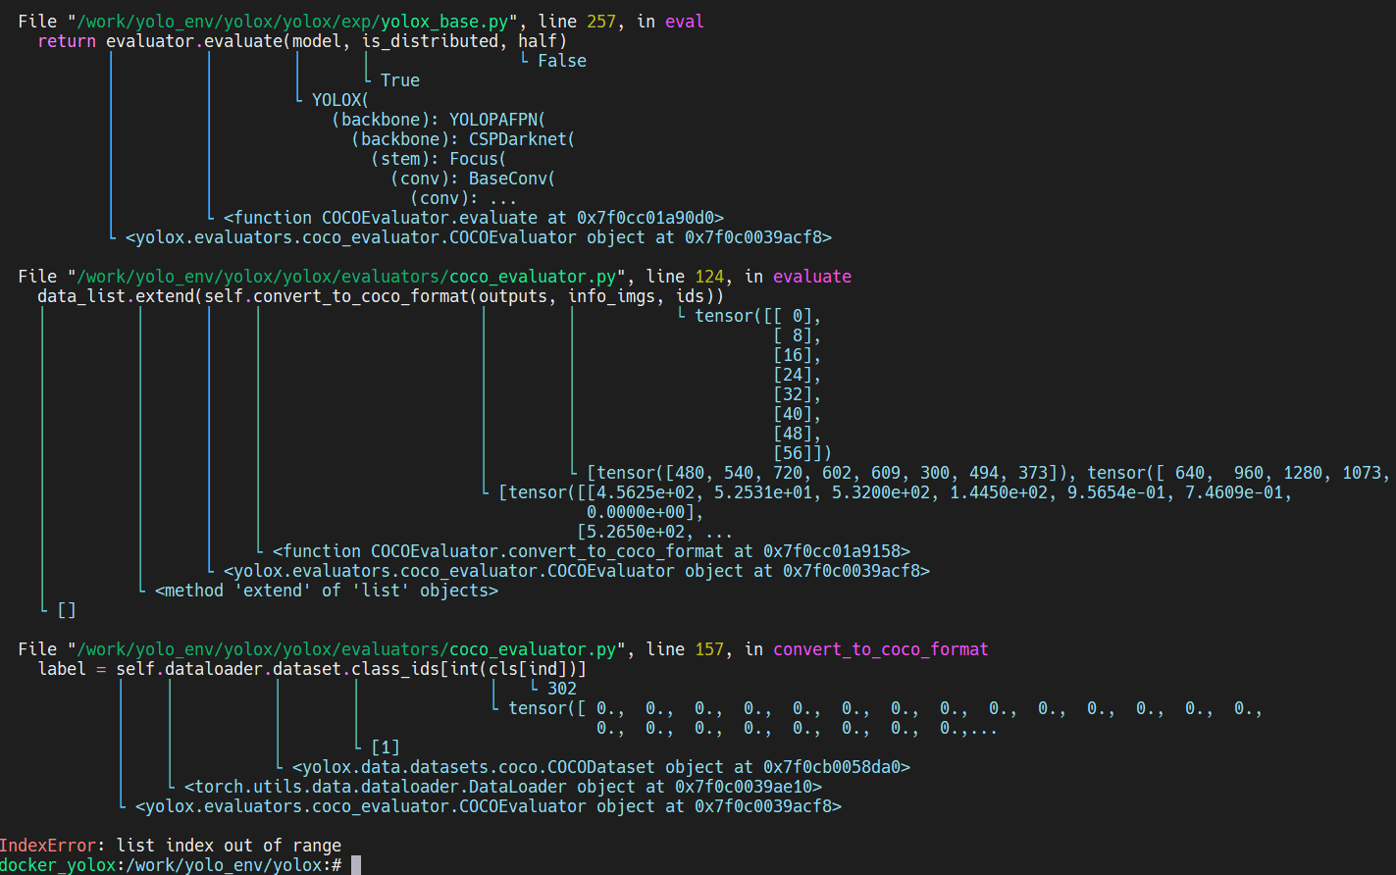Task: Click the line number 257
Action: [x=601, y=21]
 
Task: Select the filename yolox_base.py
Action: [x=464, y=21]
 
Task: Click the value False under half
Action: [x=562, y=61]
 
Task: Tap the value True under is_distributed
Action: [x=399, y=80]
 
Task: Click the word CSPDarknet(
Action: [x=522, y=139]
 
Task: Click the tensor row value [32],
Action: [x=797, y=394]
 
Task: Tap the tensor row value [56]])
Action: [x=801, y=453]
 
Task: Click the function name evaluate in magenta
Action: [x=812, y=277]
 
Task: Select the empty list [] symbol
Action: [x=67, y=610]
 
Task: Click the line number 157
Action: [x=709, y=649]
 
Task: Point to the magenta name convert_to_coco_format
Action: [x=880, y=649]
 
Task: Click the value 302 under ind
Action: [x=562, y=689]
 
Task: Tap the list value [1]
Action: [x=386, y=747]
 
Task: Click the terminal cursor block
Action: [x=356, y=865]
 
